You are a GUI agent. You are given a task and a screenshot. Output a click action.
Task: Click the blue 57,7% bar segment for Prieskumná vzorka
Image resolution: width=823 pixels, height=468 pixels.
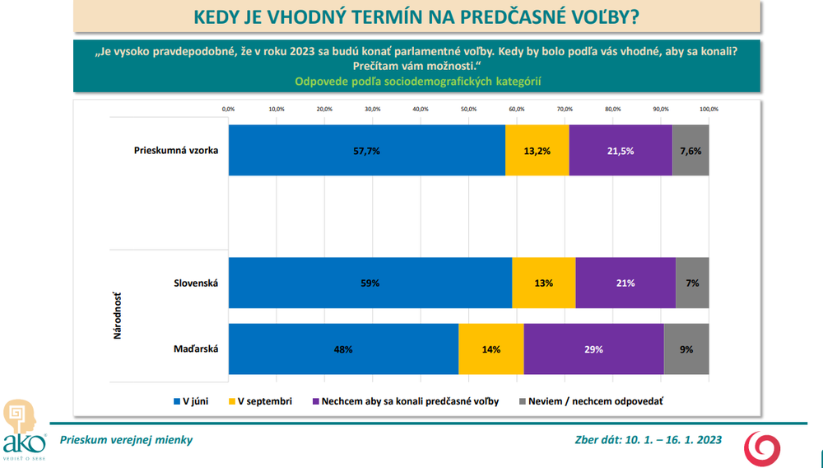coord(366,150)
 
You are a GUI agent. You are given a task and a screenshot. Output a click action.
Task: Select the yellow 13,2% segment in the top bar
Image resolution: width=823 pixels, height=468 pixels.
coord(537,150)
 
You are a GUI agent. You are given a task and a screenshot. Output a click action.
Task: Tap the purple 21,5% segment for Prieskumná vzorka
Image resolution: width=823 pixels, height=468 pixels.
coord(621,150)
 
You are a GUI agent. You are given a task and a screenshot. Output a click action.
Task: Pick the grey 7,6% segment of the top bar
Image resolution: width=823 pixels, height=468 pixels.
coord(690,150)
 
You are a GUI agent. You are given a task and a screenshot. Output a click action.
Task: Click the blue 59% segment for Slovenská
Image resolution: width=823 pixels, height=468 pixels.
coord(370,283)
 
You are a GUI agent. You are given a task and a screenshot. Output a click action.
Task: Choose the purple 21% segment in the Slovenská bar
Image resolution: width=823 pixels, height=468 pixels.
coord(625,283)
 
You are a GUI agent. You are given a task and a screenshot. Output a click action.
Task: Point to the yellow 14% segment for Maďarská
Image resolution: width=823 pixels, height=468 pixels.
coord(491,349)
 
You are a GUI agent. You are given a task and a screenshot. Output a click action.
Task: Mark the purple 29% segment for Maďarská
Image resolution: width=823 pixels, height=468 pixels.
coord(593,349)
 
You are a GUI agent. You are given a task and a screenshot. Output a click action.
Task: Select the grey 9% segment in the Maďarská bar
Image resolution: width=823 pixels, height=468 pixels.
coord(686,349)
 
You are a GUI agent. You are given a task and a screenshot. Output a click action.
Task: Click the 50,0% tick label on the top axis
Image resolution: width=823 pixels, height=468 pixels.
coord(468,109)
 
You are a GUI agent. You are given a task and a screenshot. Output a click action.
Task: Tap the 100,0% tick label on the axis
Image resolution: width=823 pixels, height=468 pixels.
coord(709,109)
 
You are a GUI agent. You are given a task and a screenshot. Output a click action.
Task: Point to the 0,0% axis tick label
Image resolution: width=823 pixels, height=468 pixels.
coord(229,109)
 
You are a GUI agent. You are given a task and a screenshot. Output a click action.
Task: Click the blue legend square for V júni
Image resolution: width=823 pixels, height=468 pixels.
coord(175,401)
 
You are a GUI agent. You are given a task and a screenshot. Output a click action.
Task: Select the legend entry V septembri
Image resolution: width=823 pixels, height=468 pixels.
coord(264,401)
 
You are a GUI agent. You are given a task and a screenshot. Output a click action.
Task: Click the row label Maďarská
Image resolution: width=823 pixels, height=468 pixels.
coord(197,349)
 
